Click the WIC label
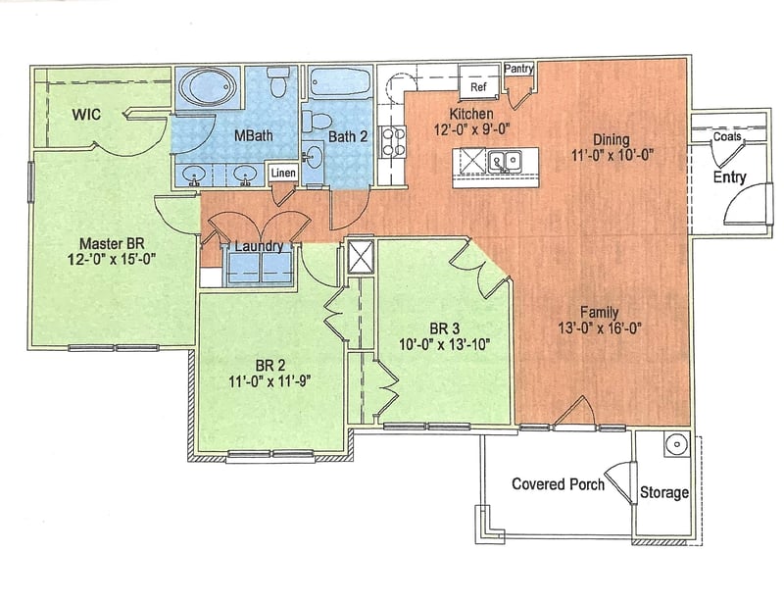[x=89, y=114]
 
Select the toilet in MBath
[x=276, y=82]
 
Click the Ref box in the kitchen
[x=479, y=87]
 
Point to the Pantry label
[x=518, y=70]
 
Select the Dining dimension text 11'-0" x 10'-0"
[x=611, y=154]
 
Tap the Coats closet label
[x=727, y=136]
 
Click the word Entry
[x=729, y=177]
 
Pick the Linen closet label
[x=283, y=174]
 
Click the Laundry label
[x=260, y=247]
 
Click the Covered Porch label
[x=558, y=484]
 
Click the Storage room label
[x=664, y=492]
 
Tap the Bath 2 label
[x=347, y=136]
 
